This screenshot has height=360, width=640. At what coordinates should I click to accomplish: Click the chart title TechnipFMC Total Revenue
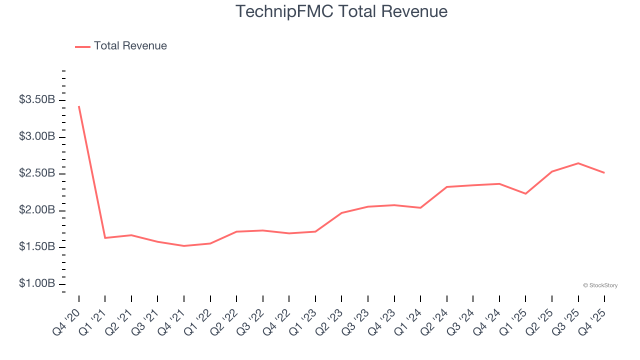point(341,11)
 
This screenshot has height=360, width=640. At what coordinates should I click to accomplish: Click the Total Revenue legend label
point(130,46)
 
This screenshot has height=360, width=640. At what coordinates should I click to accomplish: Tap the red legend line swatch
point(82,46)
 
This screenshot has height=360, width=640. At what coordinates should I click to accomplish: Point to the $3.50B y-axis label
point(37,100)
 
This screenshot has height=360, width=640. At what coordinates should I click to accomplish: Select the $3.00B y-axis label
point(37,136)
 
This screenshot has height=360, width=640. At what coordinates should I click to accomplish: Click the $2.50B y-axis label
point(37,173)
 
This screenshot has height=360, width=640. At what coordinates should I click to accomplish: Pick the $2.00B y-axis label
point(37,210)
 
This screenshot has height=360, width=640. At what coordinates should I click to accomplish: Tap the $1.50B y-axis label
point(37,247)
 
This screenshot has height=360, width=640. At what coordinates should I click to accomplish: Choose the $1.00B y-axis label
point(37,283)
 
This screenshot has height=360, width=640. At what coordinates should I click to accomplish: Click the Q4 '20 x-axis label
point(67,316)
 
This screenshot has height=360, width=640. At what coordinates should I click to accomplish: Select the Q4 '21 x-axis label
point(172,316)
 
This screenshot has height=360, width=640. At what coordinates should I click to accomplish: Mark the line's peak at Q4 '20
point(79,106)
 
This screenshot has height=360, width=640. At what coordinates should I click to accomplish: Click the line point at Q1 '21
point(105,237)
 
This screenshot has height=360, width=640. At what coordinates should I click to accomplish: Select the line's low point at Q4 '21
point(184,246)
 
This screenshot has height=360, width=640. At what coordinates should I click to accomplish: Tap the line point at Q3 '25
point(578,163)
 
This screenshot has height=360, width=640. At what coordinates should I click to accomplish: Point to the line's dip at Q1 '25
point(525,193)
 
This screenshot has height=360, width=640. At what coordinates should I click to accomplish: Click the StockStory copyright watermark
point(600,285)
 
